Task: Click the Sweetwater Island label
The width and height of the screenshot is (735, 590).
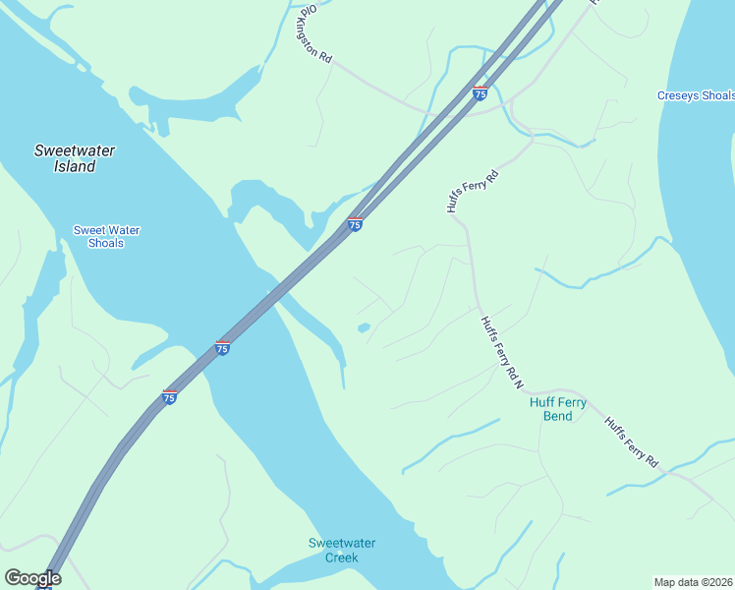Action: [x=74, y=158]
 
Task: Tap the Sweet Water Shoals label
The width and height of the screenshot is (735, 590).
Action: [x=106, y=237]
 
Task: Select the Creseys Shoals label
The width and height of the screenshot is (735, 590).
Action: [x=695, y=95]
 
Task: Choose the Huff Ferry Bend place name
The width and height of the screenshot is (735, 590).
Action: [x=557, y=409]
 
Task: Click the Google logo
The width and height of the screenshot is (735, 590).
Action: [x=32, y=578]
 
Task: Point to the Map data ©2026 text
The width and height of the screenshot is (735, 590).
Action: [x=693, y=581]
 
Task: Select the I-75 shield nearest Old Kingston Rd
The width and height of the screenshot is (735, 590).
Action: [x=480, y=92]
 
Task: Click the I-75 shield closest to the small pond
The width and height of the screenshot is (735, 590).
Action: [x=355, y=224]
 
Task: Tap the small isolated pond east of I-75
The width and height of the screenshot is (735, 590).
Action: [x=364, y=327]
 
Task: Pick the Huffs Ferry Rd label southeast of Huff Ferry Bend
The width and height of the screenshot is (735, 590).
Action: [x=629, y=442]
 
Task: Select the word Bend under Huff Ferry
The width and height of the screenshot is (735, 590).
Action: [x=557, y=416]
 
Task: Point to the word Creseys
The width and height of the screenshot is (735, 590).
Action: [x=678, y=95]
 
